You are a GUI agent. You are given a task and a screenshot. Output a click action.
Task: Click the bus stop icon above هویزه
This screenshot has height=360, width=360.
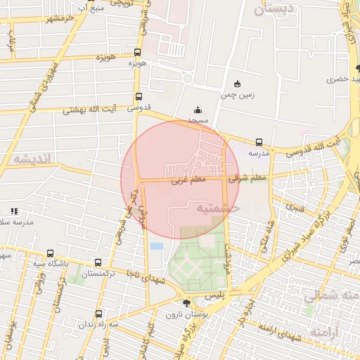(137, 52)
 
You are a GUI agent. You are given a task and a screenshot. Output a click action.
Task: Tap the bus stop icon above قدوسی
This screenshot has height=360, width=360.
(138, 97)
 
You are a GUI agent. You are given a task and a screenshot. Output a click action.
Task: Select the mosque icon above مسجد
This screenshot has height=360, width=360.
(198, 110)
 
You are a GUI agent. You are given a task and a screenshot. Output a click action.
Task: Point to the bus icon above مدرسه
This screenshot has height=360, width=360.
(259, 142)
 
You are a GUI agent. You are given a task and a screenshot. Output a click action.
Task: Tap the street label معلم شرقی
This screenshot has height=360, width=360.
(249, 178)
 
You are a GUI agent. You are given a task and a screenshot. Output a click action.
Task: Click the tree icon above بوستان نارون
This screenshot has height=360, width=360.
(185, 303)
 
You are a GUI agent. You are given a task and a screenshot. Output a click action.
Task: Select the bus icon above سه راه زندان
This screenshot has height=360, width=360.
(98, 314)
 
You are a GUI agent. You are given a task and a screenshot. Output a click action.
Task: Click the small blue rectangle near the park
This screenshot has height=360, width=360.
(156, 245)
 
